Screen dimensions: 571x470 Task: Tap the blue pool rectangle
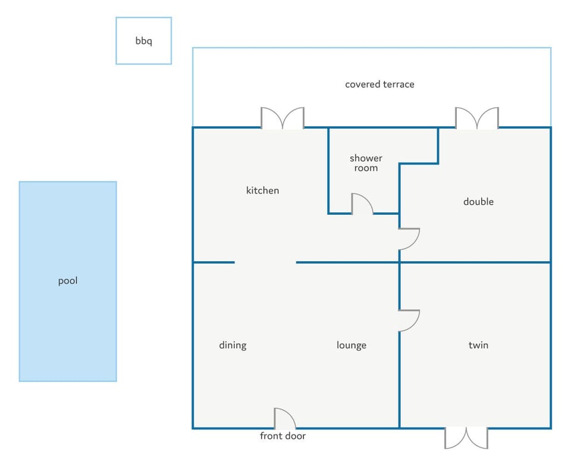(68, 281)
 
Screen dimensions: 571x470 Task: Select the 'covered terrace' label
(379, 84)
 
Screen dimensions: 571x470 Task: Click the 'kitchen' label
(262, 190)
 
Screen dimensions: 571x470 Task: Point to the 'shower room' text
(366, 163)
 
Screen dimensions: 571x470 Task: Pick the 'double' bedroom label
(478, 202)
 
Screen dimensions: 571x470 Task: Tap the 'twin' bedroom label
(478, 345)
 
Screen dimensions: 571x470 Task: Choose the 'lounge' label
(352, 346)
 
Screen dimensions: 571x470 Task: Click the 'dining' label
(233, 346)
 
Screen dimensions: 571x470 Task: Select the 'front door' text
(283, 435)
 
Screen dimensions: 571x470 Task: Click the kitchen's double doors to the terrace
(283, 118)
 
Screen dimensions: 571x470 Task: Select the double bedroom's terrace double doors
(477, 118)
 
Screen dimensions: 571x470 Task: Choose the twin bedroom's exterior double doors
(466, 438)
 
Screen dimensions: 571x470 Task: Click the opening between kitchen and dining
(265, 262)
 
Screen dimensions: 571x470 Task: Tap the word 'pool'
(68, 281)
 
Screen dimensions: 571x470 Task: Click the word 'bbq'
(143, 41)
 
